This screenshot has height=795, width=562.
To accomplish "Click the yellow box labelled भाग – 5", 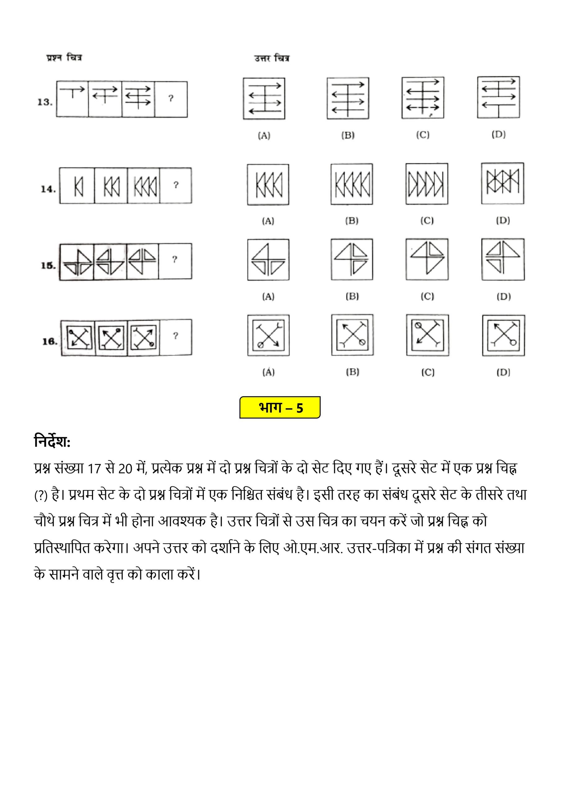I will [x=280, y=407].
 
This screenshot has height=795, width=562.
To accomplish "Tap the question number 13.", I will [x=45, y=102].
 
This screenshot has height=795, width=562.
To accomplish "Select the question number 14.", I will [x=48, y=189].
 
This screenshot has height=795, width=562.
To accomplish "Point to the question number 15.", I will [x=48, y=266].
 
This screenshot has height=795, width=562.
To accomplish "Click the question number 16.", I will [x=49, y=341].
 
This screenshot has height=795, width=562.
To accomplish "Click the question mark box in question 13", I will [x=171, y=99].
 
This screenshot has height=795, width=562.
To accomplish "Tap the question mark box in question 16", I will [x=175, y=337].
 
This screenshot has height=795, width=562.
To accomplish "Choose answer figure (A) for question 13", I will [x=264, y=99].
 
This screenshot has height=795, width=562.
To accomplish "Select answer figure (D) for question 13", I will [x=498, y=97].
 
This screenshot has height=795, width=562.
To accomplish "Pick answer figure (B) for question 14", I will [x=351, y=184].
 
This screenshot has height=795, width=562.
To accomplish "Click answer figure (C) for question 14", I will [x=427, y=184].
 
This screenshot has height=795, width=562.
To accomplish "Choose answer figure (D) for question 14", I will [x=502, y=184].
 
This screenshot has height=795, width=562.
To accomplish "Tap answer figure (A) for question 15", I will [x=268, y=260].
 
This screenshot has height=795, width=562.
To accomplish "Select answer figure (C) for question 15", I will [x=427, y=259].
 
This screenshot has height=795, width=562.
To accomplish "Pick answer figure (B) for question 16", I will [x=352, y=335].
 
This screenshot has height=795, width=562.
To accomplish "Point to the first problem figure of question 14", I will [x=77, y=186].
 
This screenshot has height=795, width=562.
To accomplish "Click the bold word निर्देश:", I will [x=52, y=442].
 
